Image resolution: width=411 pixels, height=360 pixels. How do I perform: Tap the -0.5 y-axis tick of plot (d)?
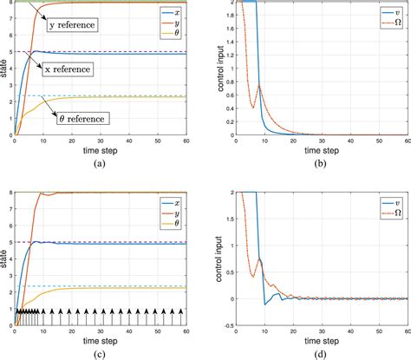[x=227, y=325]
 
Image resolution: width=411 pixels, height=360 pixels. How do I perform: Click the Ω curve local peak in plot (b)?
[x=259, y=84]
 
